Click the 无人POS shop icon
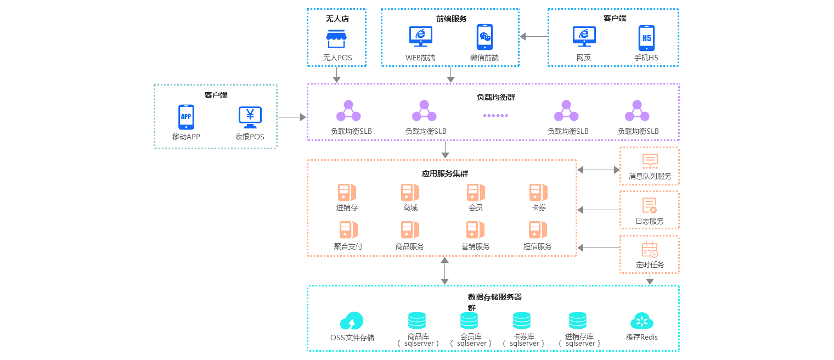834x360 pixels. coord(337,38)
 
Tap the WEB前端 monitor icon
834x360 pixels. coord(420,36)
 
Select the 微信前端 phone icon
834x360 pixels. coord(484,37)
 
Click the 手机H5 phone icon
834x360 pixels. coord(646,38)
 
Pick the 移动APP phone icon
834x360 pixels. coord(186,117)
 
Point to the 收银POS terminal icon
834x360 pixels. coord(250,117)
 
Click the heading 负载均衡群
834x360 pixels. coord(495,97)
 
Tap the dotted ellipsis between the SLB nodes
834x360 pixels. coord(495,115)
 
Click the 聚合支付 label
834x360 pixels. coord(348,246)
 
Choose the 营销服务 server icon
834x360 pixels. coord(475,229)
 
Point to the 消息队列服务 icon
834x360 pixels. coord(650,161)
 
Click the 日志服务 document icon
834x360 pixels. coord(650,206)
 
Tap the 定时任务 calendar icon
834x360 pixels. coord(650,250)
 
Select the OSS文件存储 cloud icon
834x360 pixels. coord(352,321)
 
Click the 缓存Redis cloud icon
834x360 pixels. coord(641,321)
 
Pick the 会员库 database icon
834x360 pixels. coord(469,320)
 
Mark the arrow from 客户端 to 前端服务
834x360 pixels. coord(534,37)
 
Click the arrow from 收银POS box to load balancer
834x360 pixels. coord(291,117)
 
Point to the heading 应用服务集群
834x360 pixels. coord(444,173)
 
